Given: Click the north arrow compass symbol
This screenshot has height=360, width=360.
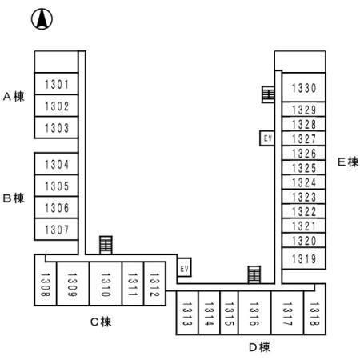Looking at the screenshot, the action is [42, 18].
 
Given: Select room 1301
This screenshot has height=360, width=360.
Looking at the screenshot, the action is [56, 84].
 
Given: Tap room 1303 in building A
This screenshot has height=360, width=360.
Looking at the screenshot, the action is [56, 127].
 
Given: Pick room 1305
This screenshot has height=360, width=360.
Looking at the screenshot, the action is [56, 186].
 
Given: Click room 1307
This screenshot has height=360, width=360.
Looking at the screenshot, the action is [56, 230].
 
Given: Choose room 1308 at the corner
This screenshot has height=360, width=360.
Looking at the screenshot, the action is [46, 284].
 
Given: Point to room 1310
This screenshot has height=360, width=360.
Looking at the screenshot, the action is [106, 284].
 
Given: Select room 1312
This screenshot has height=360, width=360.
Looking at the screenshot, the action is [154, 284].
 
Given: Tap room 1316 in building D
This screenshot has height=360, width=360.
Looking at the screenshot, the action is [254, 313].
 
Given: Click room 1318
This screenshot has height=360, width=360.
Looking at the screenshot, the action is [314, 313].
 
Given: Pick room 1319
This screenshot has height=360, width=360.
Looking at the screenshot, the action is [304, 258].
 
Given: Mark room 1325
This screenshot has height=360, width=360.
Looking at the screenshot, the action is [304, 167].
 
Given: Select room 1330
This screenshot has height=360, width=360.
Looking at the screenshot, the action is [304, 87].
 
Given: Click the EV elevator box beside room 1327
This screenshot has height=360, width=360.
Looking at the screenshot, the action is [267, 138].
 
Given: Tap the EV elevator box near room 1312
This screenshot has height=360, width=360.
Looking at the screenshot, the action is [184, 267].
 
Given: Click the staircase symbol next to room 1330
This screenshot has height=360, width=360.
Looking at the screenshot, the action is [268, 94].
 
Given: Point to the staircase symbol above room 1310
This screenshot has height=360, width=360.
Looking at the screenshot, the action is [106, 245].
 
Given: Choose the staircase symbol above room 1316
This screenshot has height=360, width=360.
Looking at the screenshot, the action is [254, 274].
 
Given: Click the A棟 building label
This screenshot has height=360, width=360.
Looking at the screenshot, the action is [14, 96].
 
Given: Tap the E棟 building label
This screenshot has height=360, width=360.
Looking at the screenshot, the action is [348, 162].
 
